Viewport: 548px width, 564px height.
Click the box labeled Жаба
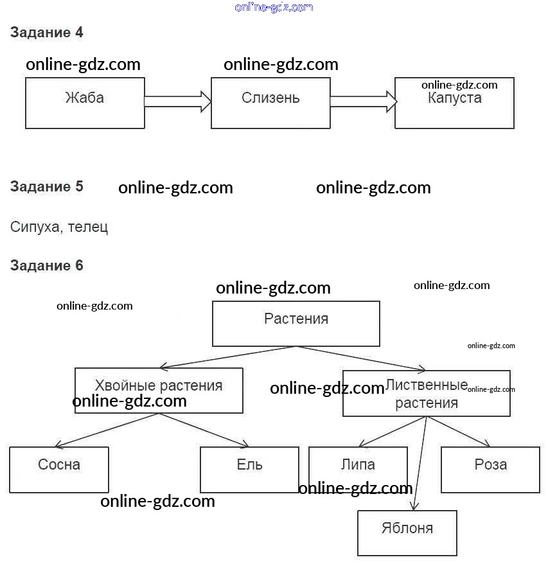pyautogui.click(x=85, y=103)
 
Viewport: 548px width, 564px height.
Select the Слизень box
pyautogui.click(x=270, y=103)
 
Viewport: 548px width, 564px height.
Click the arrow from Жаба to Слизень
pyautogui.click(x=178, y=101)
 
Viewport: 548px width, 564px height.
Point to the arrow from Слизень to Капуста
pyautogui.click(x=363, y=101)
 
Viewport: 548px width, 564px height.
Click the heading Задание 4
pyautogui.click(x=47, y=33)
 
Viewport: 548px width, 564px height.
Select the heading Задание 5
pyautogui.click(x=47, y=187)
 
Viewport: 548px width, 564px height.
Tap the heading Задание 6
pyautogui.click(x=47, y=265)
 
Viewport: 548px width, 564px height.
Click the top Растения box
pyautogui.click(x=296, y=324)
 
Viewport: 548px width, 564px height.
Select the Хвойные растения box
pyautogui.click(x=159, y=390)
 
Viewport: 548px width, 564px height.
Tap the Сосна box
pyautogui.click(x=59, y=469)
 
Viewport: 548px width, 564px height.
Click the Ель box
pyautogui.click(x=249, y=469)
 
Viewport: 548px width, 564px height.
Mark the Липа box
pyautogui.click(x=358, y=469)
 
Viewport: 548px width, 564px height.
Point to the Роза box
pyautogui.click(x=490, y=469)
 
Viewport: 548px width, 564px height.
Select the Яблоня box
pyautogui.click(x=407, y=533)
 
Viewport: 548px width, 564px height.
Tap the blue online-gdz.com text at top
pyautogui.click(x=274, y=7)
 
